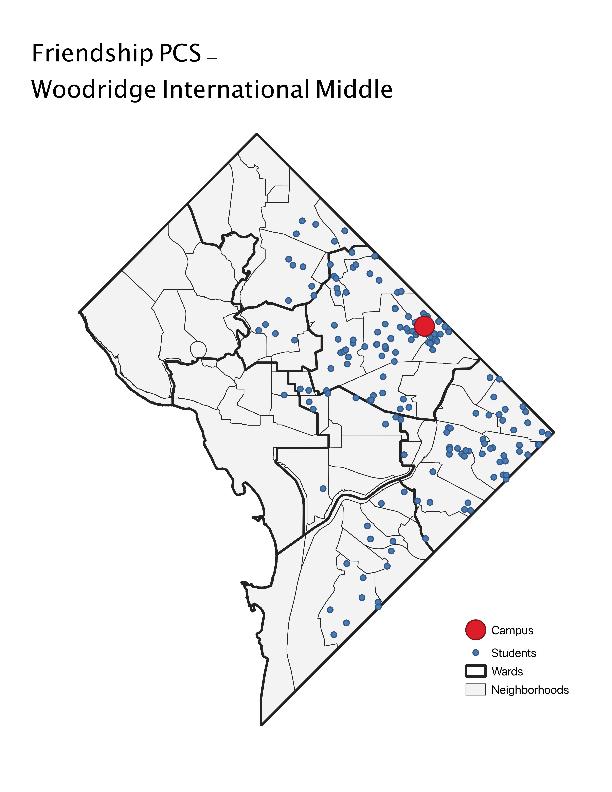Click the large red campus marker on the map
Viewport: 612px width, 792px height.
[x=424, y=326]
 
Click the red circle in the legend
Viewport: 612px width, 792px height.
[x=475, y=630]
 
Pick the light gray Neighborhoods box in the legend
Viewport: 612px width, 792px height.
[x=475, y=689]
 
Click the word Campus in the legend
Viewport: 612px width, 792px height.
[x=512, y=630]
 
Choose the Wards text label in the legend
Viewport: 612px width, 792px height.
[x=507, y=671]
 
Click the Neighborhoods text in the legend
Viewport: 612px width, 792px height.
[x=530, y=690]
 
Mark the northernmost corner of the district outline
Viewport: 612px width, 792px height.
[x=257, y=134]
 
